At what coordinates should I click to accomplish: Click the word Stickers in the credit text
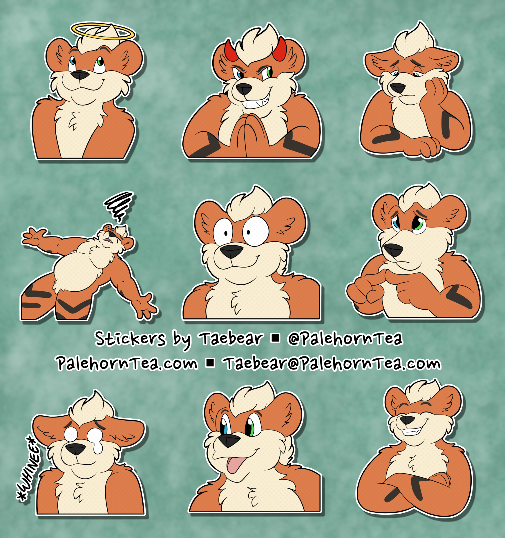click(x=130, y=338)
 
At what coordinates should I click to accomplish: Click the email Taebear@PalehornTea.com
click(x=332, y=363)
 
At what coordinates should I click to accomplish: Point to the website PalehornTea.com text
click(x=127, y=363)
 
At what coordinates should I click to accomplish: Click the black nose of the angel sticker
click(x=80, y=75)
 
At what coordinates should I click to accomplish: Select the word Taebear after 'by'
click(x=231, y=338)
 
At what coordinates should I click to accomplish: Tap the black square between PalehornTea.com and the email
click(x=210, y=363)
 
